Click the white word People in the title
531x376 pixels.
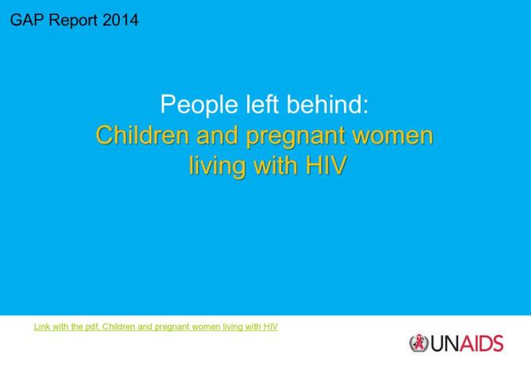tap(194, 104)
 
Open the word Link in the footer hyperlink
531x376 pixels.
tap(40, 326)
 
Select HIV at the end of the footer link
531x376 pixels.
tap(270, 326)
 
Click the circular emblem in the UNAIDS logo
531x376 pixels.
tap(418, 343)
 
